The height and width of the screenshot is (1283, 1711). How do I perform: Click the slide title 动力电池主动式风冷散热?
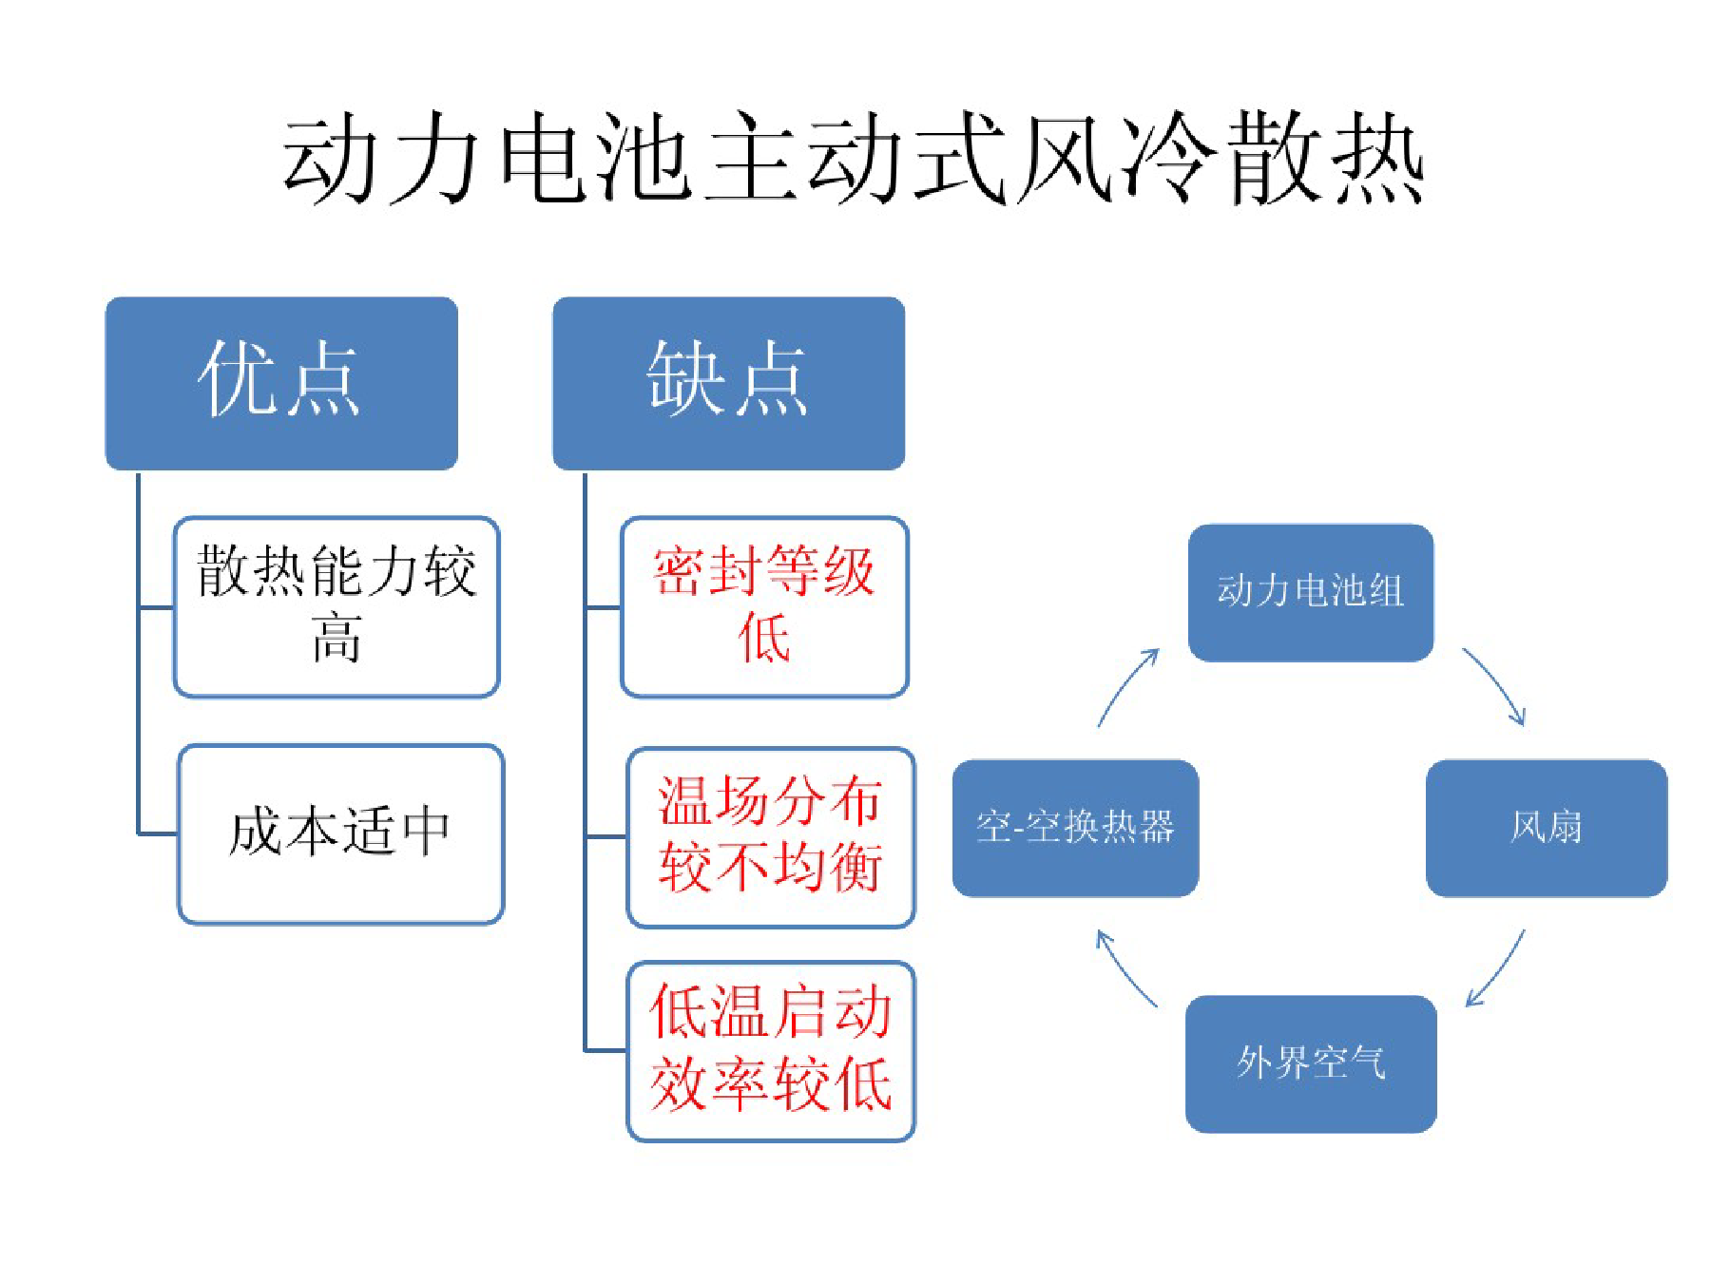click(x=853, y=158)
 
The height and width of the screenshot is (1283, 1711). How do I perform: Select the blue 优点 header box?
click(x=281, y=383)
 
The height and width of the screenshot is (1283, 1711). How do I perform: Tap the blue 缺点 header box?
click(x=729, y=383)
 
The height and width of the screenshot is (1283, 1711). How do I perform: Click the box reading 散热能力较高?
click(x=336, y=606)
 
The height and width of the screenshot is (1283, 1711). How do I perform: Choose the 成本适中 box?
click(x=341, y=833)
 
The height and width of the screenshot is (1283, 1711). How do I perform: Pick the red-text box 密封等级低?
click(x=764, y=606)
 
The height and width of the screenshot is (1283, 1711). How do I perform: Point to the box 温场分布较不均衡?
click(x=771, y=836)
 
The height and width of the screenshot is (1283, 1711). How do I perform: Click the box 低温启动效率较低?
click(x=771, y=1050)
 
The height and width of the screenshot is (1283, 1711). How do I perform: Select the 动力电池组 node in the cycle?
click(x=1311, y=592)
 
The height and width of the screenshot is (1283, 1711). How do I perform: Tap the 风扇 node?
click(x=1547, y=828)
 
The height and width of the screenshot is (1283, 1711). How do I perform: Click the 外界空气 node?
click(x=1311, y=1063)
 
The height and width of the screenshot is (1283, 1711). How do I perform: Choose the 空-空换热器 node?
click(x=1075, y=828)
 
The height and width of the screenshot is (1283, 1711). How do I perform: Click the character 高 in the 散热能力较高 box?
click(x=336, y=638)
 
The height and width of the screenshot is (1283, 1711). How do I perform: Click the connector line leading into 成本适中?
click(x=158, y=834)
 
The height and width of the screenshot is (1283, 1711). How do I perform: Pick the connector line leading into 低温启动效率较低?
click(x=606, y=1050)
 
